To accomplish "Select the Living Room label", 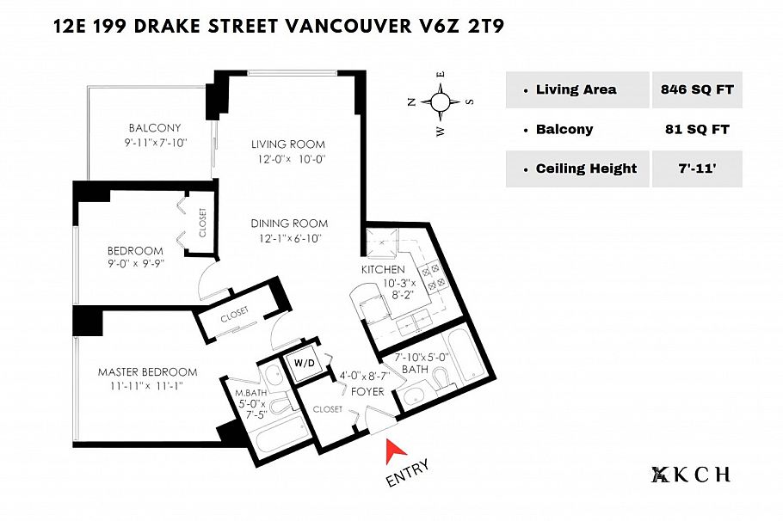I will (288, 144).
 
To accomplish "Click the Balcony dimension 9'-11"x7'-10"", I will (154, 143).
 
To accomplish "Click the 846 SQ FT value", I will (696, 89).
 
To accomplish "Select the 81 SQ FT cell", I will (696, 130).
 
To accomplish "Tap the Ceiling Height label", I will (586, 169).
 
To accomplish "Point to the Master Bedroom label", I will (147, 372).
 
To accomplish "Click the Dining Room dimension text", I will (288, 238).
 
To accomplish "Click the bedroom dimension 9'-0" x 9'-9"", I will (136, 264).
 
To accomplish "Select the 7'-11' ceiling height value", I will (696, 169).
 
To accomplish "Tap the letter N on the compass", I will (411, 101).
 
